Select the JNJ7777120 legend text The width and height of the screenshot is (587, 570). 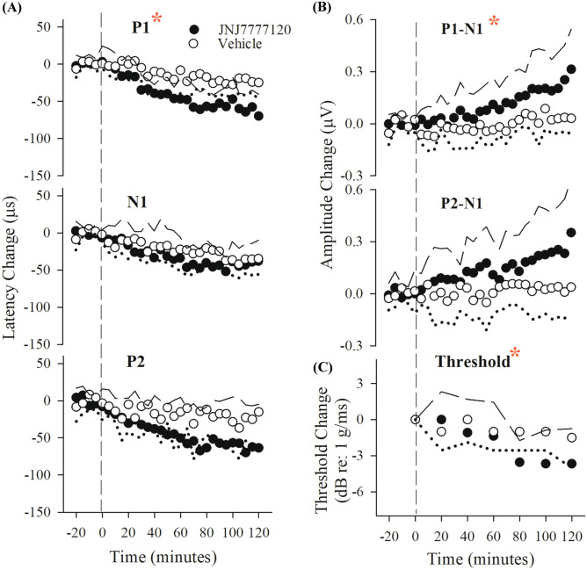(233, 28)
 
